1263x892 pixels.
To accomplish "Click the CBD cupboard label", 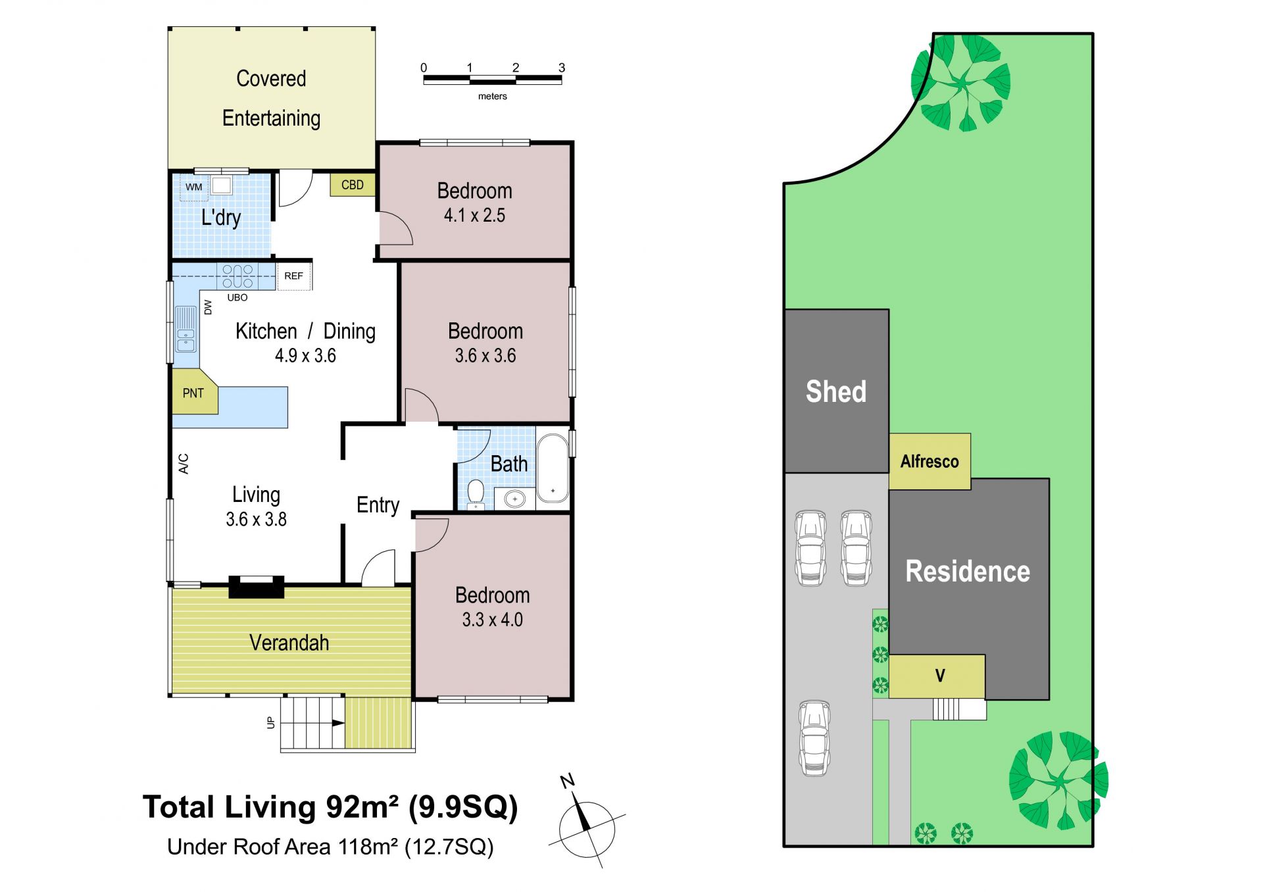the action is (x=353, y=185).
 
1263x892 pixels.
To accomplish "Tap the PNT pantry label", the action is (x=193, y=393).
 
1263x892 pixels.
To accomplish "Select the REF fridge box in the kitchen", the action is (x=294, y=276).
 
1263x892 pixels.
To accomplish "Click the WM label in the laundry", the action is (x=194, y=187).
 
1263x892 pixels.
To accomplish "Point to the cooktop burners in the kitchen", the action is (x=237, y=276).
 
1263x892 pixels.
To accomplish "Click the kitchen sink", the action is (x=186, y=329).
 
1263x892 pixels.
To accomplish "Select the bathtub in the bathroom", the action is (x=553, y=468).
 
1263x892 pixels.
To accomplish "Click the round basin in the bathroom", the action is (x=515, y=499).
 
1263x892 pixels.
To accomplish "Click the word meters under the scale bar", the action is (x=493, y=96).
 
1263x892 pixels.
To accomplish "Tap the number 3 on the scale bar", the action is (x=562, y=68).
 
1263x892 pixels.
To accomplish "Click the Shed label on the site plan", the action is (x=836, y=391).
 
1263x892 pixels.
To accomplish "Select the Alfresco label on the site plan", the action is (x=929, y=462).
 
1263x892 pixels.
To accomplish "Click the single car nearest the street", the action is (x=814, y=738).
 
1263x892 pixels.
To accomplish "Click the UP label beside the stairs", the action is (x=270, y=722).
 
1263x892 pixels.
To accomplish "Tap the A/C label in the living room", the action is (x=184, y=464).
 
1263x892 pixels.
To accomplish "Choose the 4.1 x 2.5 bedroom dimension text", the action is (x=474, y=215).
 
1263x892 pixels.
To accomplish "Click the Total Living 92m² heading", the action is (x=330, y=807).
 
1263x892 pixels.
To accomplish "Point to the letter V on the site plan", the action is (x=940, y=676).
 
